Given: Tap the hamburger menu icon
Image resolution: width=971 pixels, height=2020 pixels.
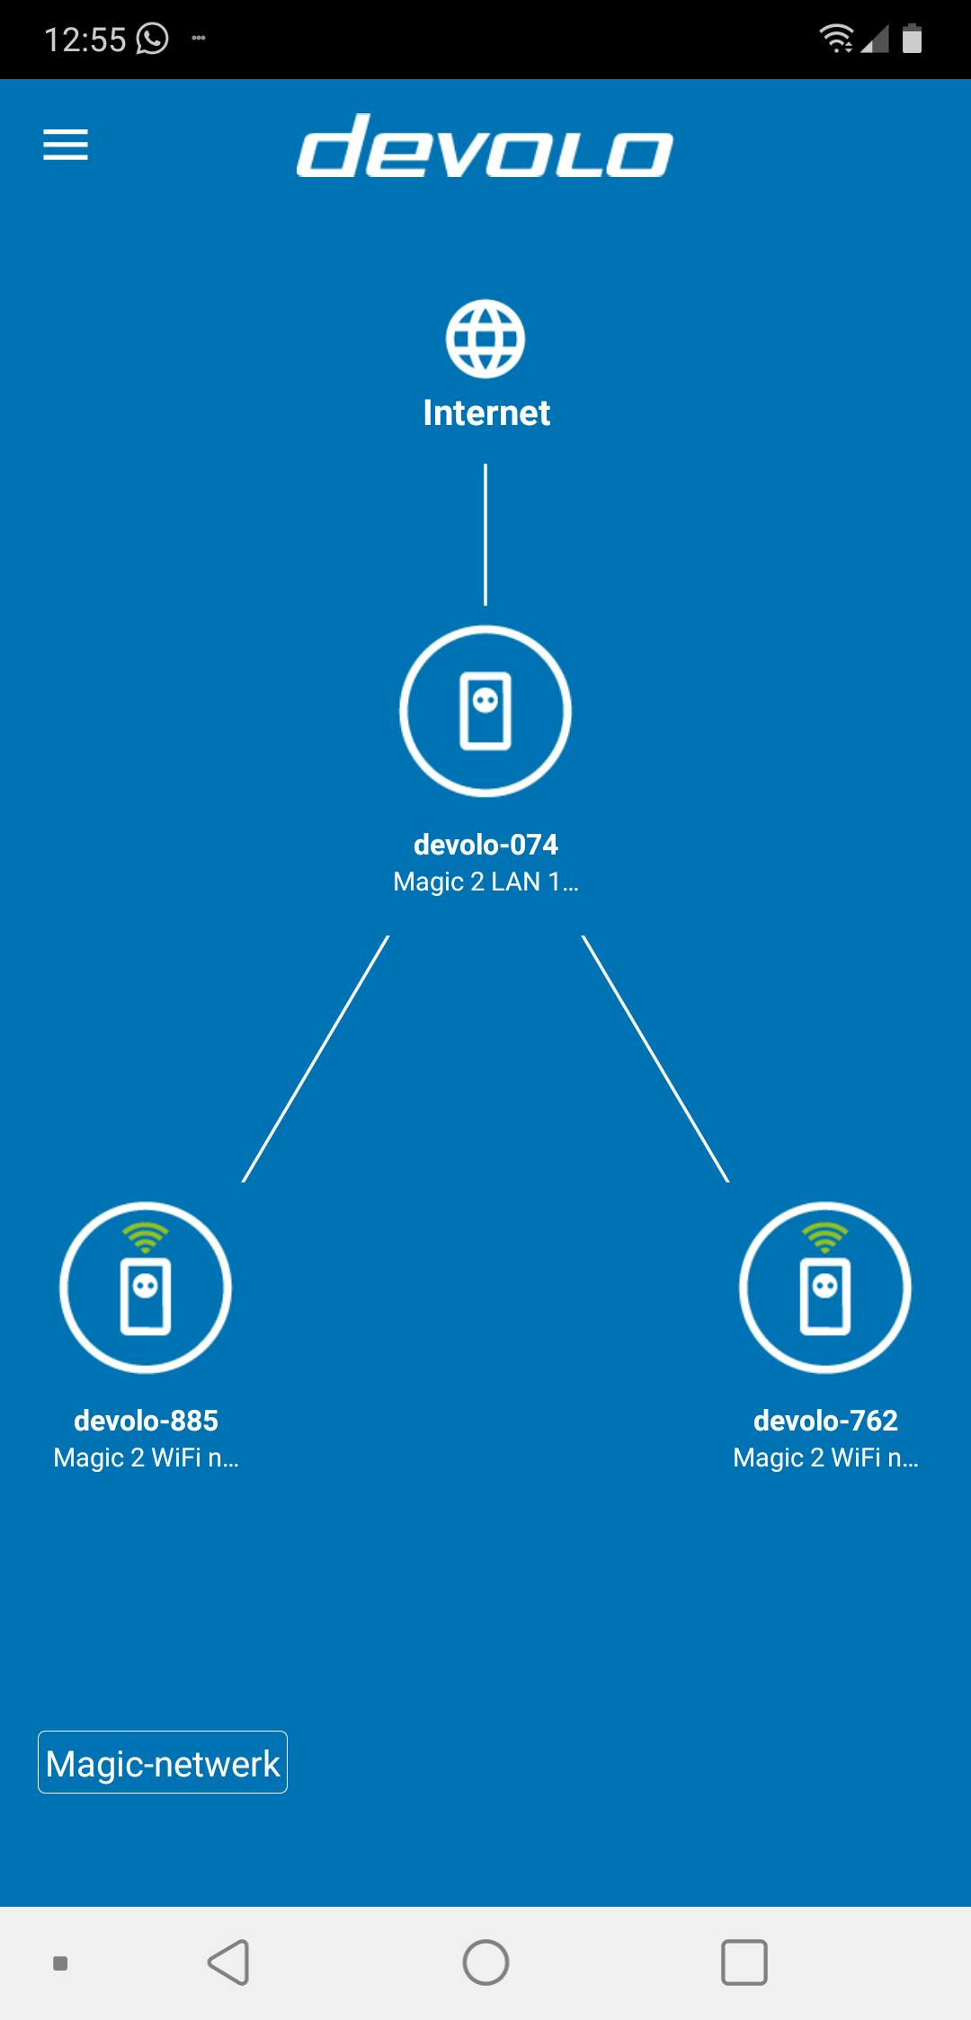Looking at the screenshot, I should (x=66, y=145).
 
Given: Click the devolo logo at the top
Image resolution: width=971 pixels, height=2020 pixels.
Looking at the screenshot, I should (x=485, y=146).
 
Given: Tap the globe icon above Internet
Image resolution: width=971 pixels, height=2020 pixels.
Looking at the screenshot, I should (x=485, y=339).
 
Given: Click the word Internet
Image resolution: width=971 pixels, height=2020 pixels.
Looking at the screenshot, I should (x=486, y=413).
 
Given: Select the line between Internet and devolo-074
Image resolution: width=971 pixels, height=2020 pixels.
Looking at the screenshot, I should (x=485, y=534).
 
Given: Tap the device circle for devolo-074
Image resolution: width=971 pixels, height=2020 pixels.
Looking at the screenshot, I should (x=485, y=711).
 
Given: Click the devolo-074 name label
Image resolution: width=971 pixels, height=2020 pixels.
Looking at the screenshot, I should (x=485, y=845).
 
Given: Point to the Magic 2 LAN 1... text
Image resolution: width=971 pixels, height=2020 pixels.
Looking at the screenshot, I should (x=485, y=882).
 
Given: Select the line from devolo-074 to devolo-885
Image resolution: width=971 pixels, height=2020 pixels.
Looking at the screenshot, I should (x=316, y=1059).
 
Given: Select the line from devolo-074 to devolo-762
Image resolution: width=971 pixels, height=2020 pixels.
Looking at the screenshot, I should (x=655, y=1059).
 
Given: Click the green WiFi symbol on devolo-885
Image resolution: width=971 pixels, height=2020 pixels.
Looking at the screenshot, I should (x=146, y=1238).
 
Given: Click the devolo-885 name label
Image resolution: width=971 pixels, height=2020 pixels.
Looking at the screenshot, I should (x=146, y=1421).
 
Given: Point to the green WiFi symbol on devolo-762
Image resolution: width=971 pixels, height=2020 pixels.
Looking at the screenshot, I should (x=825, y=1238).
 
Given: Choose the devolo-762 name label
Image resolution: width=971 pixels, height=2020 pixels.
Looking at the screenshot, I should (x=825, y=1421).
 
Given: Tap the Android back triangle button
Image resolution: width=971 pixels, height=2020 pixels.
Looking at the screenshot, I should (x=229, y=1962).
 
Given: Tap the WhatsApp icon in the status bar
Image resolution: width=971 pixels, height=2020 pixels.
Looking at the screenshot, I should (x=152, y=39).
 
